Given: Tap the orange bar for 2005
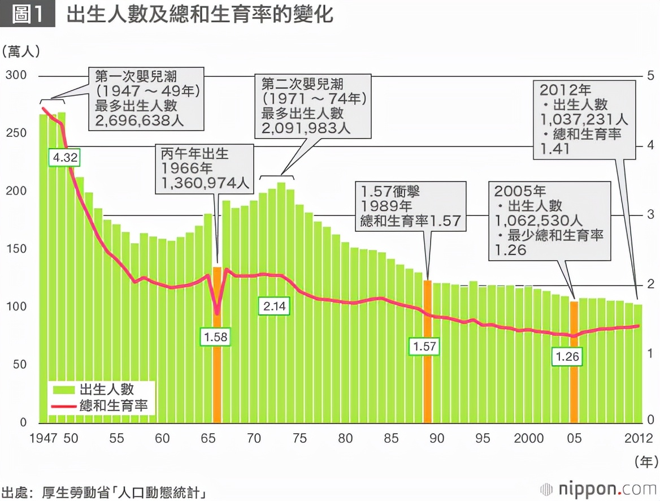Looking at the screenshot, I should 574,390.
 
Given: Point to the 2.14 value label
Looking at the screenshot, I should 275,307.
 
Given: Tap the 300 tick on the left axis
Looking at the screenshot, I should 16,75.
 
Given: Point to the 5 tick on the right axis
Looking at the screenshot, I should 650,75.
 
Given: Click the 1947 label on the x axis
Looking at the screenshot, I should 42,438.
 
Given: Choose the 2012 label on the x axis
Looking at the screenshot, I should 639,438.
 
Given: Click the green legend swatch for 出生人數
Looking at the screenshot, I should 64,389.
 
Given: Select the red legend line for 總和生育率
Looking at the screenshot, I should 64,405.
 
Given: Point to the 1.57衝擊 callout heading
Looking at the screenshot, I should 390,191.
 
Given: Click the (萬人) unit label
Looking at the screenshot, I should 21,51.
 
